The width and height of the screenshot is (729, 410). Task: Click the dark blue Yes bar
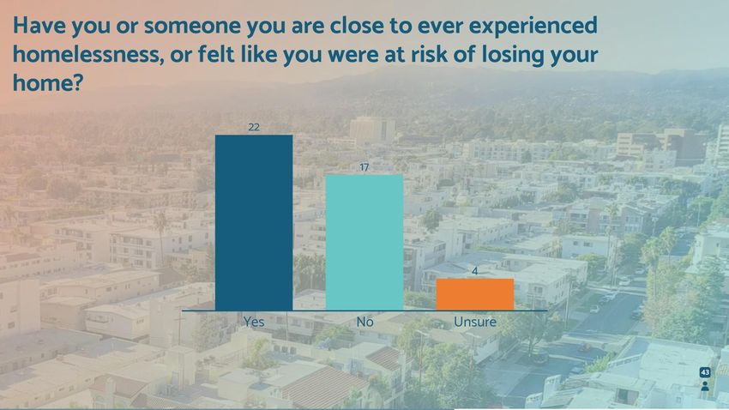tap(254, 223)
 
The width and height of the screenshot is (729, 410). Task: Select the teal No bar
tap(364, 243)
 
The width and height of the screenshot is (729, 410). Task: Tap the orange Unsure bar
tap(474, 294)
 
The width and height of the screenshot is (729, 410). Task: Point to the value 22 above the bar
tap(254, 127)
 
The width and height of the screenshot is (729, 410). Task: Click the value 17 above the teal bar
tap(364, 167)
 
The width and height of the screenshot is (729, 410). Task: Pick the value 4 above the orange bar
tap(474, 271)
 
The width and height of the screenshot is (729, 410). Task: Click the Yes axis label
tap(254, 322)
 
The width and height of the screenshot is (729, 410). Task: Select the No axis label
tap(365, 322)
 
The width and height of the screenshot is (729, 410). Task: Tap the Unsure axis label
tap(474, 322)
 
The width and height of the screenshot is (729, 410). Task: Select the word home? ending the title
tap(48, 82)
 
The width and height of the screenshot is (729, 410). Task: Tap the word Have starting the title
tap(39, 25)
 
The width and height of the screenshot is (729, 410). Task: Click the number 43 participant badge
tap(705, 372)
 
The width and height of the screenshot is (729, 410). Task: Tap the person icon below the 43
tap(705, 386)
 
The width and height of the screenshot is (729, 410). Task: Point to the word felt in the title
tap(216, 54)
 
